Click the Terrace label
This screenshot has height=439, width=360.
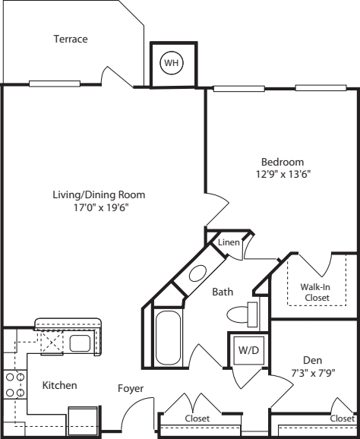point(71,39)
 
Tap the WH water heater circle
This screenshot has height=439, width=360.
point(172,63)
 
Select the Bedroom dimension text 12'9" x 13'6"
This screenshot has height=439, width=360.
point(283,174)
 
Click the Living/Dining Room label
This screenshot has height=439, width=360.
point(99,194)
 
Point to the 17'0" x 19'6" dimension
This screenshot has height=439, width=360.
point(99,207)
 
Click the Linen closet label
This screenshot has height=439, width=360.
point(229,242)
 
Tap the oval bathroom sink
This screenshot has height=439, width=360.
point(197,274)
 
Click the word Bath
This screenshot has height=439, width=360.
point(223,292)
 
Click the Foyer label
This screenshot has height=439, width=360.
point(131,389)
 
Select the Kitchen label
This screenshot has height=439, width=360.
point(59,386)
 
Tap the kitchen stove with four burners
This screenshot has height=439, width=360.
point(14,385)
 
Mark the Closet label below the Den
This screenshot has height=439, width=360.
point(342,418)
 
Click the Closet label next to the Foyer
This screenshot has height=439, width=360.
point(198,418)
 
